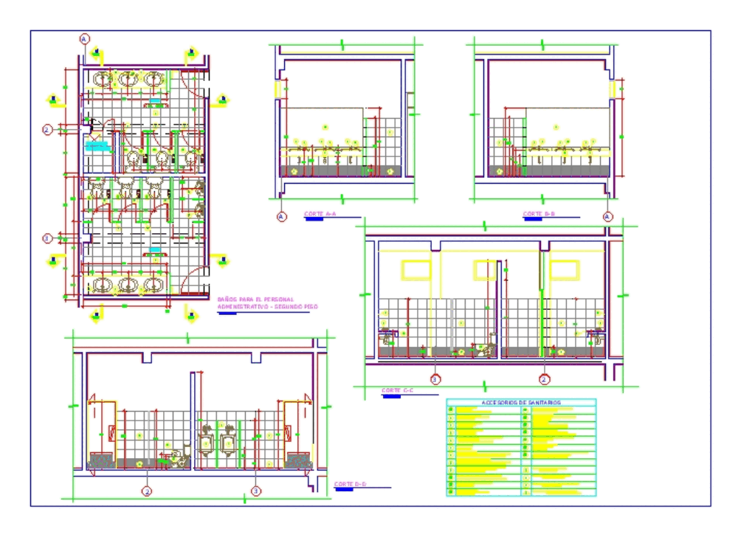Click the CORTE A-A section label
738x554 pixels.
click(320, 214)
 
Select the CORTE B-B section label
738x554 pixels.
click(539, 214)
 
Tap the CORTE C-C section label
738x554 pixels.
click(397, 390)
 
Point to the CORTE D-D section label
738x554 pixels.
click(350, 484)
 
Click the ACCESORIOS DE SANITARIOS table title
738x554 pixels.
click(520, 403)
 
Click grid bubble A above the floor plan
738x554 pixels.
click(85, 38)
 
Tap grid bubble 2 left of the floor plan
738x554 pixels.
click(47, 130)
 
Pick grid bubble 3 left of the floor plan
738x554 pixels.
click(47, 238)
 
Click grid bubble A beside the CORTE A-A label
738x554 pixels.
click(281, 217)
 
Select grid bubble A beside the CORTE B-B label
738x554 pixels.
click(607, 217)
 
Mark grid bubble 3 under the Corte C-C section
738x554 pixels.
click(435, 379)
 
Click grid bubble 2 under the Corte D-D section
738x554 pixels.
click(147, 491)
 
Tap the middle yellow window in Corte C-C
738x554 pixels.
click(485, 270)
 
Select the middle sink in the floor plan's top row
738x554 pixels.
click(128, 79)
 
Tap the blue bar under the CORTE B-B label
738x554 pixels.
click(532, 219)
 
